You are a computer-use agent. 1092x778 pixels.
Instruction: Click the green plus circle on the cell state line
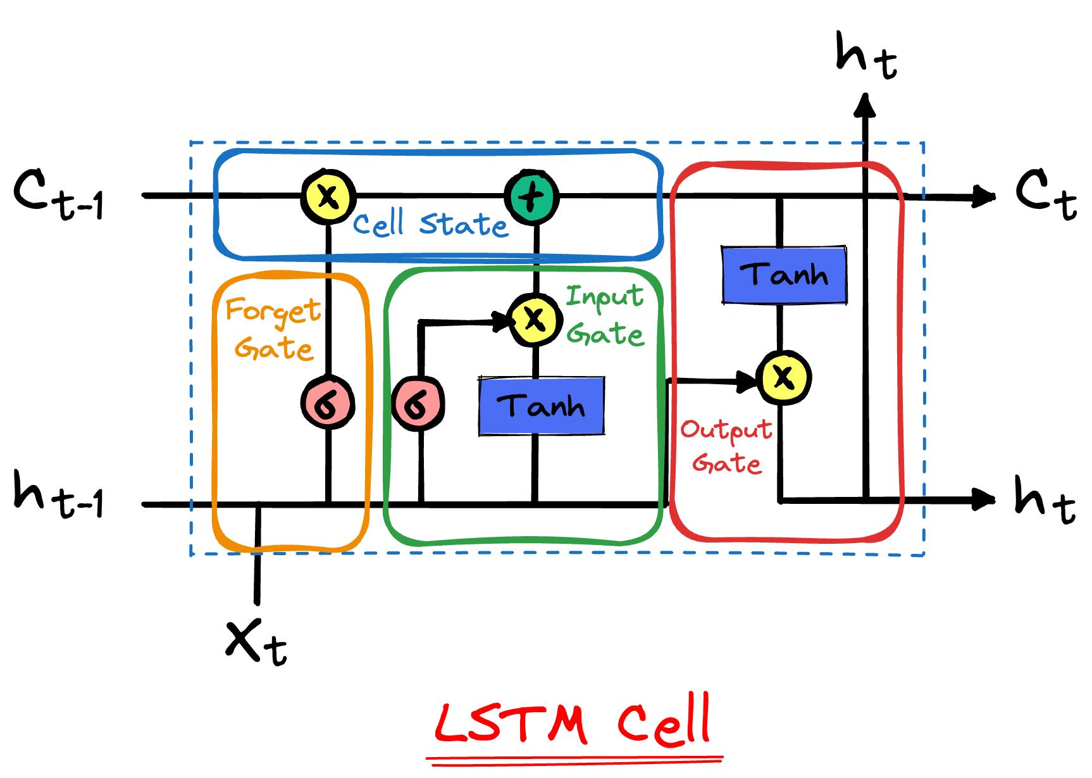(532, 196)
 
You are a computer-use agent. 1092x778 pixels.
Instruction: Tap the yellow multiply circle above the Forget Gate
(328, 196)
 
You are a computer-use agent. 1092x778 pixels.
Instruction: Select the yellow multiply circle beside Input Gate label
(535, 319)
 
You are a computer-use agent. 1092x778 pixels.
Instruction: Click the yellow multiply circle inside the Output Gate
(783, 378)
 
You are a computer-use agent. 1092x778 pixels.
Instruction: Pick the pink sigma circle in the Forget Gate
(328, 403)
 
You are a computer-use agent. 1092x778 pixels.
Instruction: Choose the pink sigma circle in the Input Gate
(418, 404)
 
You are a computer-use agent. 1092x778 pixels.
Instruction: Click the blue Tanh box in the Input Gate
(542, 406)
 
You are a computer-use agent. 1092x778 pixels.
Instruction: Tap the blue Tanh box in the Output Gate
(785, 275)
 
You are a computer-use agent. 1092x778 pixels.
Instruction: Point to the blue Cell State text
(430, 224)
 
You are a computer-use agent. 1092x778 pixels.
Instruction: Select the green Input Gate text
(605, 315)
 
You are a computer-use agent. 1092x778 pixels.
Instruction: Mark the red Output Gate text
(727, 446)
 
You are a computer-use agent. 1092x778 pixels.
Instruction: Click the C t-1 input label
(58, 194)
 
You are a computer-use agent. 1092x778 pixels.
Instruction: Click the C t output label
(1046, 193)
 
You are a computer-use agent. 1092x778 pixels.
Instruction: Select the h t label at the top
(866, 56)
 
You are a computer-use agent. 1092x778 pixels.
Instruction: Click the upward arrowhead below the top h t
(865, 106)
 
